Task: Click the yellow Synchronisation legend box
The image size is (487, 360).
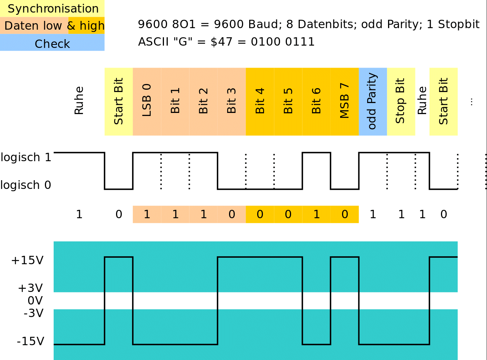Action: pos(52,9)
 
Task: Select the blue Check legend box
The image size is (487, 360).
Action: pos(52,43)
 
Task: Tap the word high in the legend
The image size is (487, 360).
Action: pos(92,26)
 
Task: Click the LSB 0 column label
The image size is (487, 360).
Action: pos(147,100)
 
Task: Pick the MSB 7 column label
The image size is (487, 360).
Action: pos(344,101)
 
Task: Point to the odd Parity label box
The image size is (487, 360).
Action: pos(373,101)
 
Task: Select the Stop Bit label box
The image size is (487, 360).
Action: pos(401,101)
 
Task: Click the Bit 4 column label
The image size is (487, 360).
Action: pos(260,101)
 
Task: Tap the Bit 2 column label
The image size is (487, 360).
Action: pos(203,101)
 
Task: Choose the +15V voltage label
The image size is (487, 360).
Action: pos(27,261)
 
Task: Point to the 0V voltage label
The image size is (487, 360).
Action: pos(35,301)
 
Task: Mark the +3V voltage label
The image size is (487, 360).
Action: pos(30,288)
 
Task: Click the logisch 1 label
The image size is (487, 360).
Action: pos(26,157)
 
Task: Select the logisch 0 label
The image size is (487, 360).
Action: pos(26,185)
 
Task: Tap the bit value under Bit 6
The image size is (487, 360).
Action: pos(317,214)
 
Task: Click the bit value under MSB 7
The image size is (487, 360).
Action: pos(345,214)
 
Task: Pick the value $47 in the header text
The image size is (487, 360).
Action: pos(221,42)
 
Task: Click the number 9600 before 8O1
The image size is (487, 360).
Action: pos(153,24)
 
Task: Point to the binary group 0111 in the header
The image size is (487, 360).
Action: pos(300,42)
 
